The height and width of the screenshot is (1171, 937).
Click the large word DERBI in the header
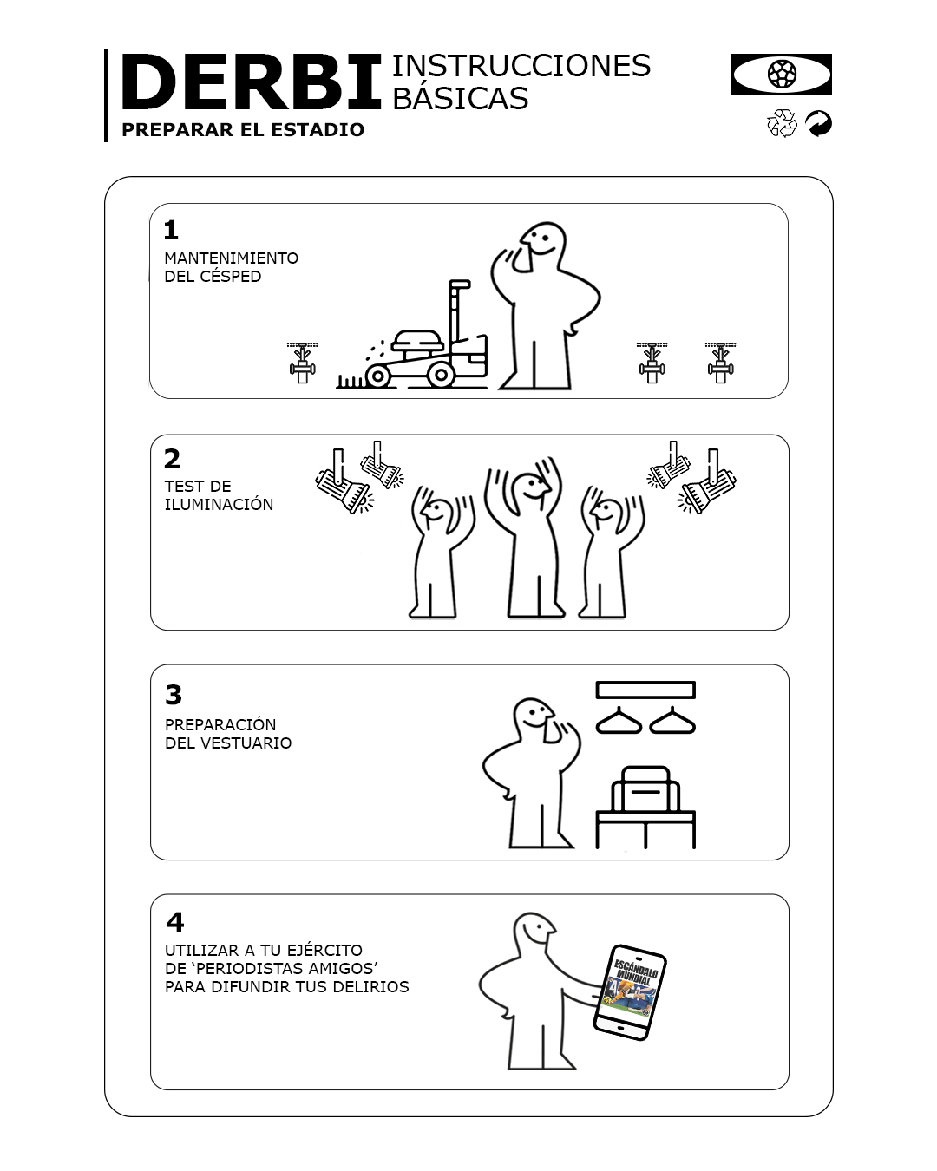click(251, 82)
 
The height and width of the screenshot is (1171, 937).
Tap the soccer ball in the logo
click(782, 74)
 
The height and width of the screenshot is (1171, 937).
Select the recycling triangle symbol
click(782, 123)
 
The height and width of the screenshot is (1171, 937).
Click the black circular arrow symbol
click(818, 123)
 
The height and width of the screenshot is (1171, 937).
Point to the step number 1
click(171, 230)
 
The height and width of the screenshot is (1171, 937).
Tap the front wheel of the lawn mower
click(377, 375)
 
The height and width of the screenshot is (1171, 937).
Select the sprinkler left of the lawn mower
click(302, 363)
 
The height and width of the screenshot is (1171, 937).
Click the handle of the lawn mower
click(458, 311)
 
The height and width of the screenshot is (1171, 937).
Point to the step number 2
click(172, 459)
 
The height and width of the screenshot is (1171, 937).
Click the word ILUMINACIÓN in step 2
click(219, 505)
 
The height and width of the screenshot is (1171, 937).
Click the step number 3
click(174, 694)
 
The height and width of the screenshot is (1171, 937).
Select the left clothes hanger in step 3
click(619, 721)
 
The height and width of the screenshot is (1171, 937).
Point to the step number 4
click(174, 922)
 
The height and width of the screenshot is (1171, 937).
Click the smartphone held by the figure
click(630, 992)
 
